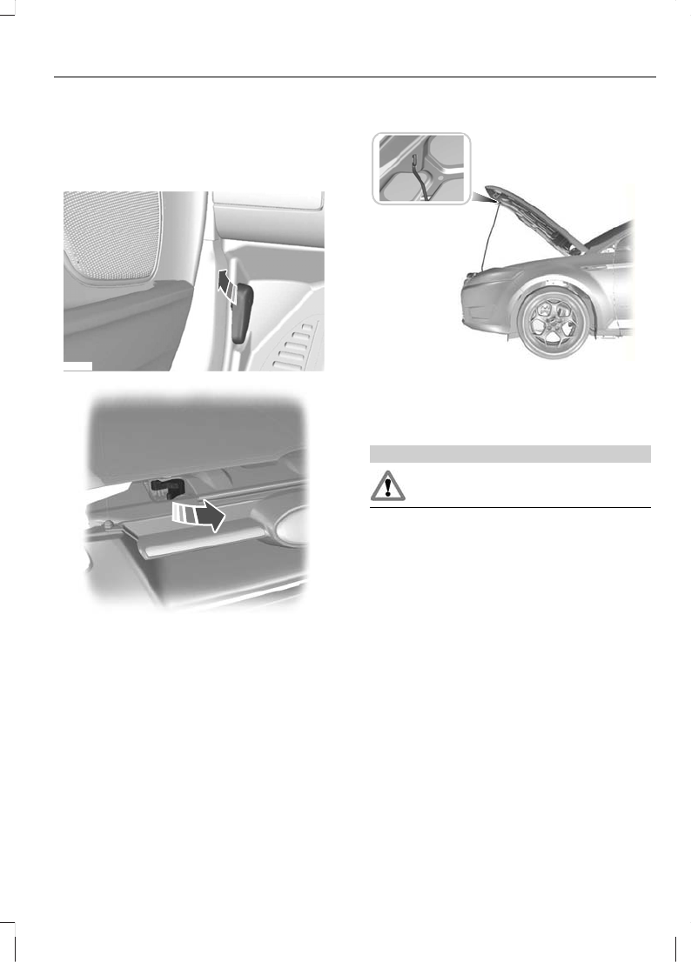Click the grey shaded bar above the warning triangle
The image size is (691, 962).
click(510, 453)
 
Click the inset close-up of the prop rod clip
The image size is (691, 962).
click(421, 169)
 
